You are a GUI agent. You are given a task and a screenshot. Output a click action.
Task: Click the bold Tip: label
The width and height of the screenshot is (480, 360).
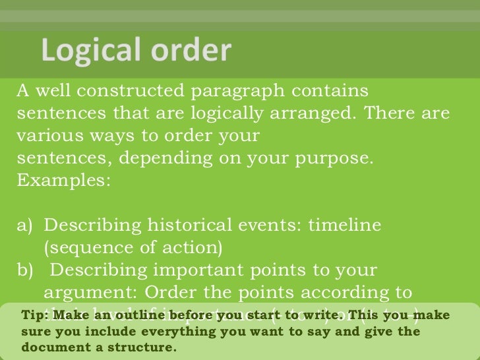pyautogui.click(x=34, y=315)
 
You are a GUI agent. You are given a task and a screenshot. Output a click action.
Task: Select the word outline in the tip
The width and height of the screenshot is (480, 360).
pyautogui.click(x=135, y=315)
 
